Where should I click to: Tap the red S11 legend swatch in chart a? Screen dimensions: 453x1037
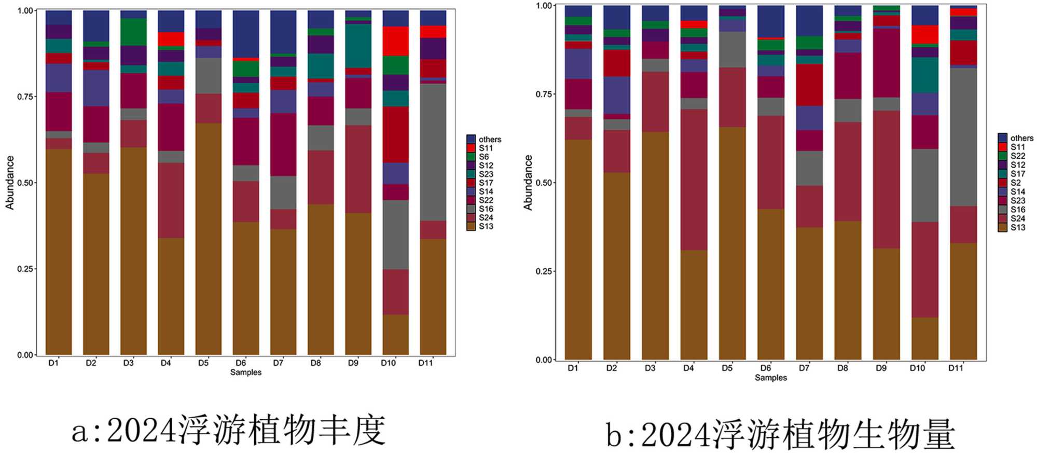click(471, 148)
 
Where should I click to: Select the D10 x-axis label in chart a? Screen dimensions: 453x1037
click(388, 363)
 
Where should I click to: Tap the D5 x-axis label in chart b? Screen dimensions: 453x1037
click(727, 368)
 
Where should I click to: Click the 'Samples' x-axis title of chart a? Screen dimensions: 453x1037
click(246, 373)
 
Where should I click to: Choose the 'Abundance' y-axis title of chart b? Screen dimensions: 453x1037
click(528, 183)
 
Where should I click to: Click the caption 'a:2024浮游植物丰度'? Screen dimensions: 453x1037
click(229, 430)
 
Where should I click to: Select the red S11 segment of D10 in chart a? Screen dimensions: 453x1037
click(395, 41)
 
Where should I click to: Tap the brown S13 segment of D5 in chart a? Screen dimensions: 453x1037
click(209, 239)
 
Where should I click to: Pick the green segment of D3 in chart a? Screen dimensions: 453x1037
click(133, 32)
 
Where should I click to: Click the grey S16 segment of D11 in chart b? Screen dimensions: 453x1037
click(963, 137)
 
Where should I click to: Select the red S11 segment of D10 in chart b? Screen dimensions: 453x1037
click(925, 34)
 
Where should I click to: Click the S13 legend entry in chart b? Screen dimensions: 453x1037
click(1017, 227)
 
